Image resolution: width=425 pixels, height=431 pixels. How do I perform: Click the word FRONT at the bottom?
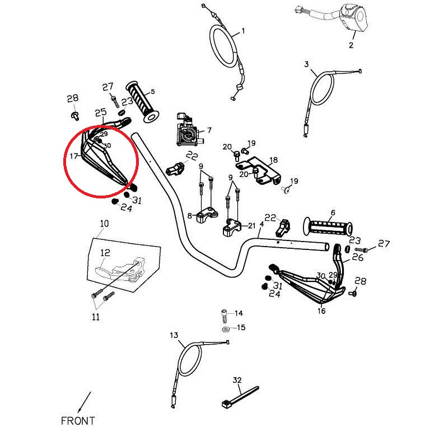coord(78,420)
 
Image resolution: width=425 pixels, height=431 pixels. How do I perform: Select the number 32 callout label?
coord(237,380)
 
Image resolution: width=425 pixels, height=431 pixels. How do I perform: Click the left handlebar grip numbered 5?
coord(143,102)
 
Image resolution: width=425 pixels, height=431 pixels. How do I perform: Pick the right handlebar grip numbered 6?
coord(328,228)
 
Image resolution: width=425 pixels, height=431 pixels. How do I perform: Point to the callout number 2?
coord(351,45)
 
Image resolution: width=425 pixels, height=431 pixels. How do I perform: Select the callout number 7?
coord(209,130)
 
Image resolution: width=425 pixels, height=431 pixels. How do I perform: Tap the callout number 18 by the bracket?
coord(273,160)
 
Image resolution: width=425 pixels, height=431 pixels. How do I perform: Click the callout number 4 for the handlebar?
coord(261,224)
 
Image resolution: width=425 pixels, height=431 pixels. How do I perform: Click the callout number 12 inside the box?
coord(106,253)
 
